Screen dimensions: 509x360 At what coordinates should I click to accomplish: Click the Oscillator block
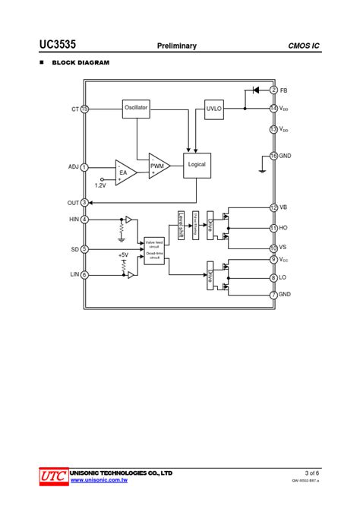(x=136, y=109)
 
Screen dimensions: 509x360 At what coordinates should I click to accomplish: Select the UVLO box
(x=214, y=109)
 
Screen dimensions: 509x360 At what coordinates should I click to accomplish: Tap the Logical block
(x=196, y=165)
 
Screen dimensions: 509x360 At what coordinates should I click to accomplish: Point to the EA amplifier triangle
(x=125, y=172)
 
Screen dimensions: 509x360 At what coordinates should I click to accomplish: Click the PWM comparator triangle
(x=158, y=166)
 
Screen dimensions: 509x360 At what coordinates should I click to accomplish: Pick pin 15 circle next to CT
(x=84, y=109)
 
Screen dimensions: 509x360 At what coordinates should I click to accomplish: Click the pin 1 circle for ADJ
(x=84, y=167)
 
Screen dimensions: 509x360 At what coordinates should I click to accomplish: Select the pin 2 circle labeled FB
(x=273, y=90)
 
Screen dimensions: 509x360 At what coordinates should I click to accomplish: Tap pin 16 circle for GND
(x=273, y=156)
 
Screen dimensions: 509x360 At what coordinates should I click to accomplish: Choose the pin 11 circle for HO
(x=273, y=228)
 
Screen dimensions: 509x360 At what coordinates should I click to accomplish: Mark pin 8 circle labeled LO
(x=273, y=278)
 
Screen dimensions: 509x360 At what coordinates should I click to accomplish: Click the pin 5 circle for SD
(x=84, y=249)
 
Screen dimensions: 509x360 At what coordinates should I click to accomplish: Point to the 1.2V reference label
(x=100, y=185)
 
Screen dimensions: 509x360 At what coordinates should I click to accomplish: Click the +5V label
(x=123, y=255)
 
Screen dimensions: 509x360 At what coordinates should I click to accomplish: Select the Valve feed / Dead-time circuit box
(x=154, y=250)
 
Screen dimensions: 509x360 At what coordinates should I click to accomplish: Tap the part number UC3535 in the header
(x=58, y=45)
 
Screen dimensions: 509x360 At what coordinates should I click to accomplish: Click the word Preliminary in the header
(x=177, y=46)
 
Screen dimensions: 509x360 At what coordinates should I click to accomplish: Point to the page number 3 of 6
(x=311, y=473)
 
